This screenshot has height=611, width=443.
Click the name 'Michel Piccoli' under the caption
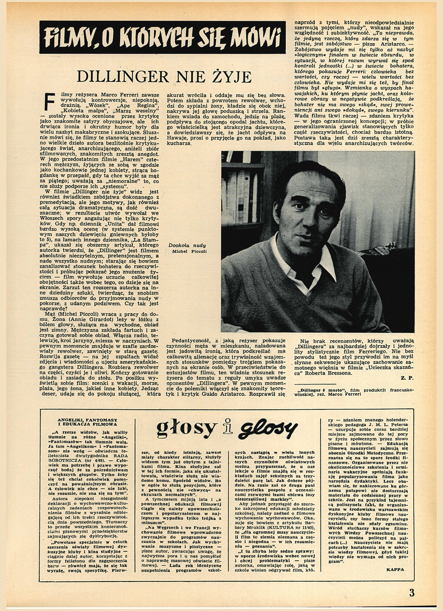tap(190, 251)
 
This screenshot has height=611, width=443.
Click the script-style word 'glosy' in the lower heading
tap(267, 429)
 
